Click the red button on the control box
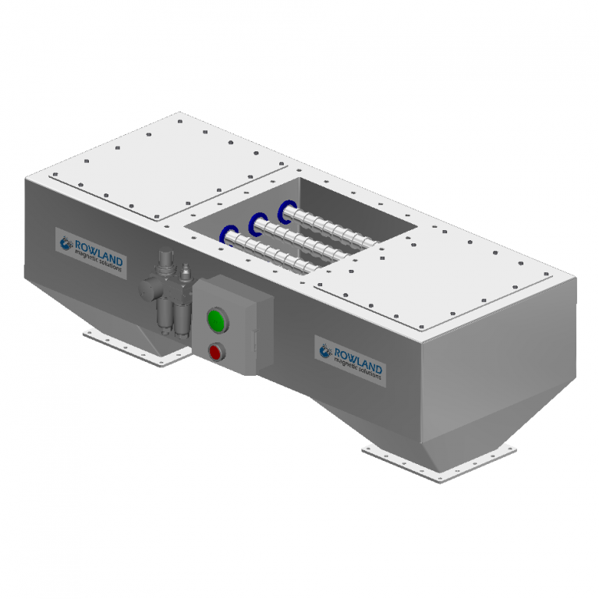point(215,353)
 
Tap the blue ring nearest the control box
point(230,234)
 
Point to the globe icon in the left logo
point(66,242)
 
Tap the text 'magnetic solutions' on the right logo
point(358,367)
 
